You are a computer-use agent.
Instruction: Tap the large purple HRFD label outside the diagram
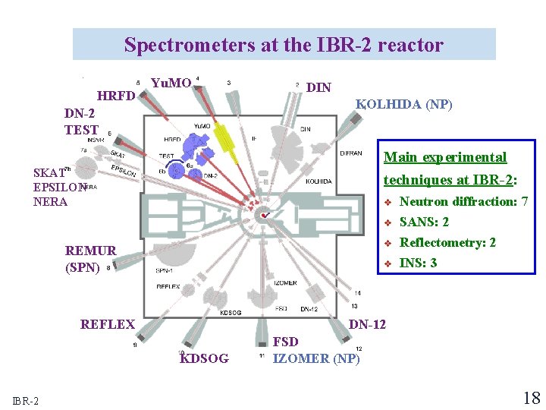[x=116, y=96]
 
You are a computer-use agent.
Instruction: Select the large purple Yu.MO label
[x=171, y=83]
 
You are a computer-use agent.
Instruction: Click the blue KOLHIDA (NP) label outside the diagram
[x=405, y=105]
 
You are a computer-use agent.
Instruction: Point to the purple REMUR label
[x=91, y=251]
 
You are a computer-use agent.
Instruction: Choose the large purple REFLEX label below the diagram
[x=108, y=324]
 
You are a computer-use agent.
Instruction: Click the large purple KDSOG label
[x=204, y=358]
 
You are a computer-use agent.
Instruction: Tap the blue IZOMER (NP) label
[x=316, y=358]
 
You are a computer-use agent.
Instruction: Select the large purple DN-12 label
[x=367, y=324]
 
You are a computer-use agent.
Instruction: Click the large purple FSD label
[x=286, y=342]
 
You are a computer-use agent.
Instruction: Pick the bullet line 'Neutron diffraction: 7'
[x=463, y=202]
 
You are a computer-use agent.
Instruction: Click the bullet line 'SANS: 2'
[x=424, y=222]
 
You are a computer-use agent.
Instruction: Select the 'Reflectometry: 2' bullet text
[x=447, y=243]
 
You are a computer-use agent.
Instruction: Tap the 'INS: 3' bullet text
[x=418, y=263]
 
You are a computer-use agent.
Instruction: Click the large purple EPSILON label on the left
[x=59, y=187]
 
